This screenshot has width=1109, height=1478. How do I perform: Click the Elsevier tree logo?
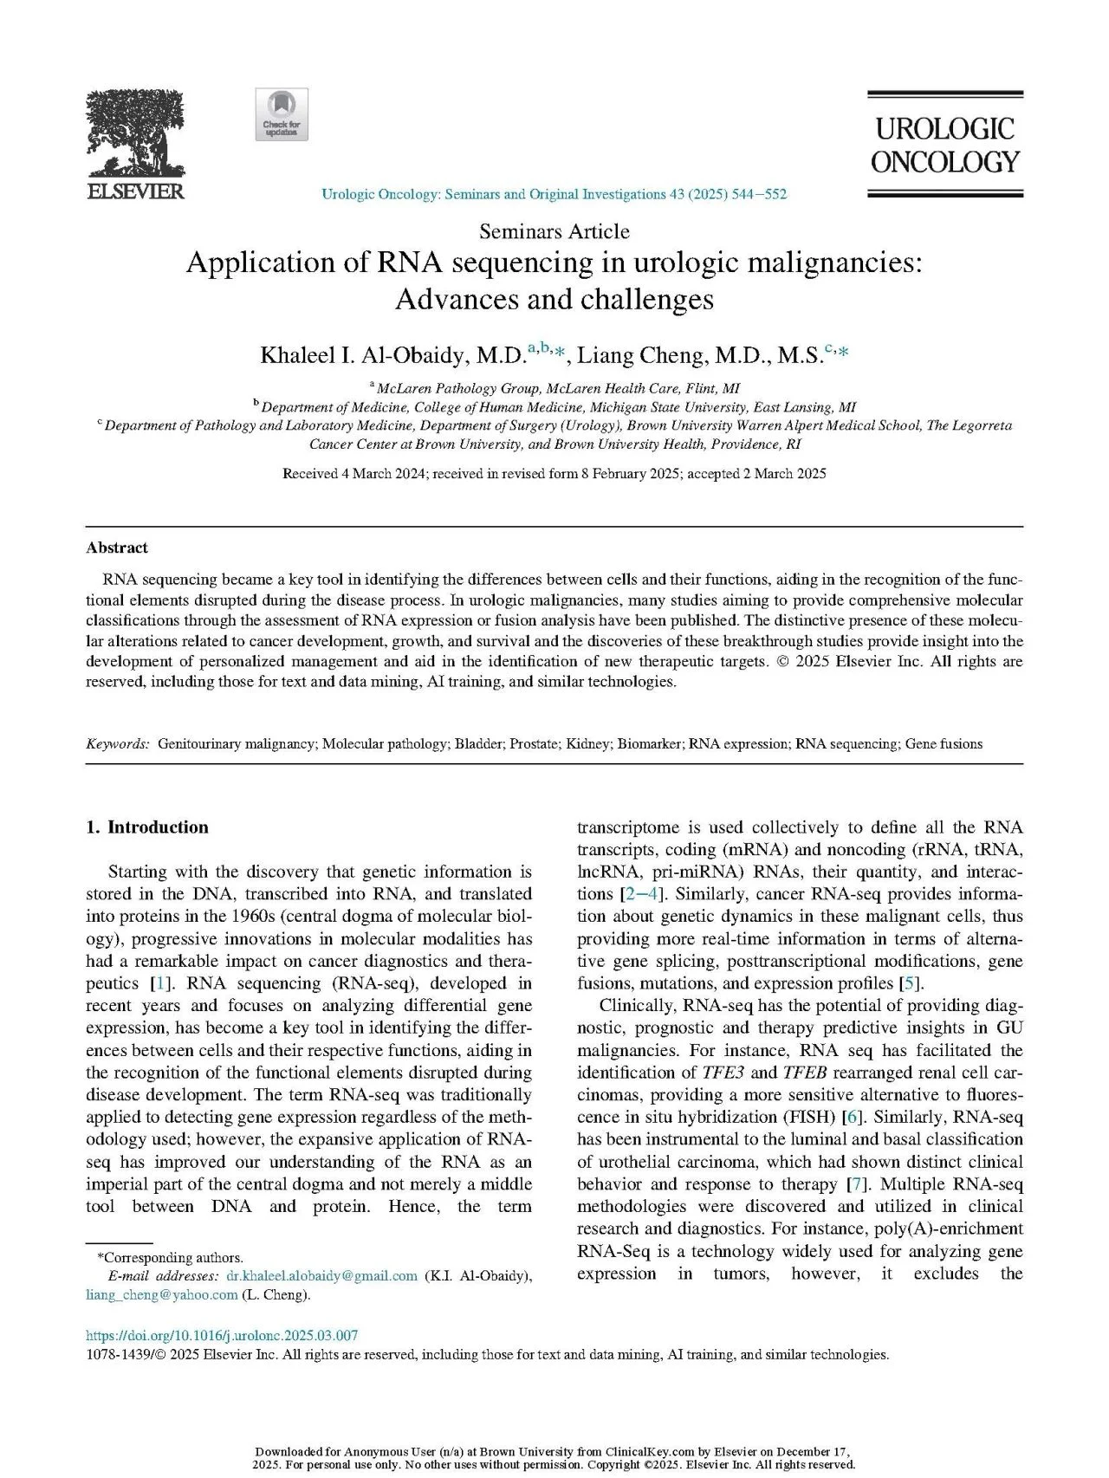tap(134, 134)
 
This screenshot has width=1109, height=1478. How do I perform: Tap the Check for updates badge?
tap(282, 114)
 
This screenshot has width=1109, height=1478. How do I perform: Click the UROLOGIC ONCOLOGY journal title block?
tap(944, 146)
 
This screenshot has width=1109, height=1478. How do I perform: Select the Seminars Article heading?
tap(554, 231)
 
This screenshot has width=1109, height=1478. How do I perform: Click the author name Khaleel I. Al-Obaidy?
tap(393, 355)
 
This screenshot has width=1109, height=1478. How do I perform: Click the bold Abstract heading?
tap(117, 548)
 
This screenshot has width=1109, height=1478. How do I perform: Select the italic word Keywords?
tap(117, 743)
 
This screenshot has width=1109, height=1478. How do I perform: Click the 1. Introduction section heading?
tap(147, 827)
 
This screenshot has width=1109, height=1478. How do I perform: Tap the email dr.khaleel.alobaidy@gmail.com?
tap(321, 1276)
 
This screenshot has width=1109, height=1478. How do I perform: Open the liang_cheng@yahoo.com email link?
tap(162, 1294)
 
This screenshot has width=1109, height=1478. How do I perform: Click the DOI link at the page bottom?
tap(222, 1335)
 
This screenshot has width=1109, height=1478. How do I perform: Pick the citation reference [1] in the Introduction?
tap(160, 983)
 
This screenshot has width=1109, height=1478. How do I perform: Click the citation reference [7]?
tap(853, 1184)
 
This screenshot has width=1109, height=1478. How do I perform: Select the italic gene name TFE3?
tap(723, 1073)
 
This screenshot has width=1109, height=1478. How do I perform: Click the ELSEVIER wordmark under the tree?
tap(134, 191)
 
